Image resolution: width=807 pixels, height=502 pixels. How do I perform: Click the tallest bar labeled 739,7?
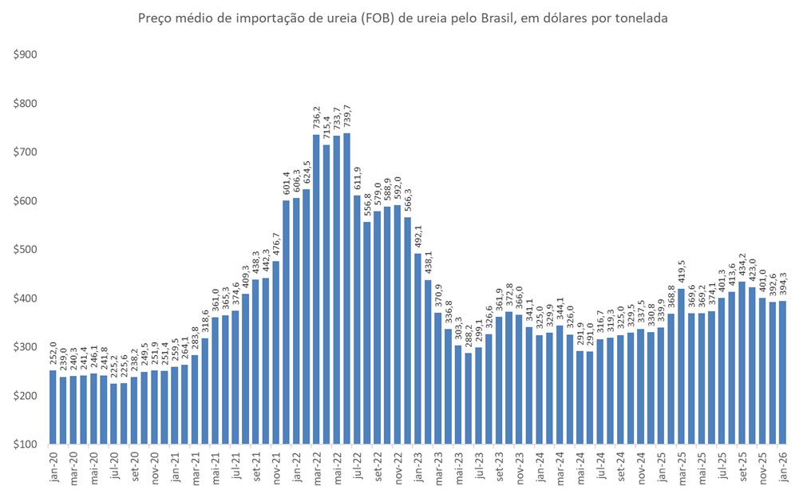346,288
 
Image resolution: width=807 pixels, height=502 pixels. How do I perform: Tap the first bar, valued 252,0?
53,406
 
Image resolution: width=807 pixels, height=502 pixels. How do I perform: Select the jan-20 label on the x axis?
53,466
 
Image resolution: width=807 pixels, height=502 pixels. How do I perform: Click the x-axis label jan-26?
782,466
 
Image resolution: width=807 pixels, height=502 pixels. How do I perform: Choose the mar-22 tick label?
316,466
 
